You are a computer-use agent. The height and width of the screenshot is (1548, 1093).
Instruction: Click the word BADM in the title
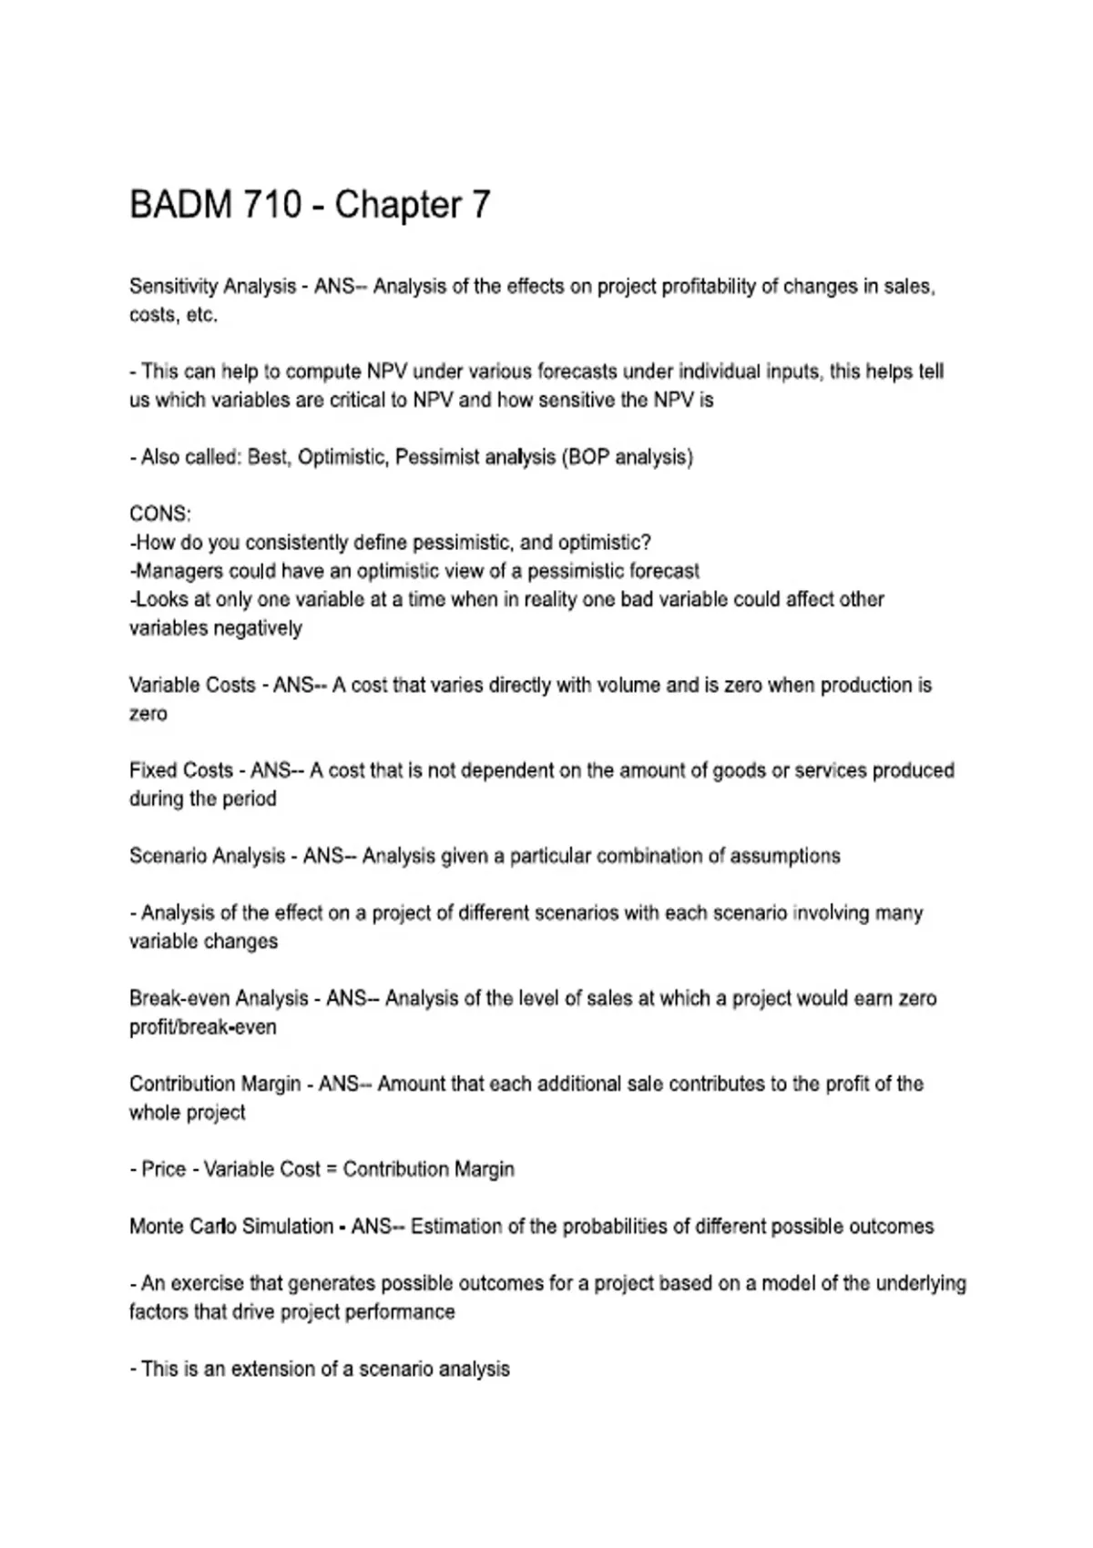pyautogui.click(x=181, y=205)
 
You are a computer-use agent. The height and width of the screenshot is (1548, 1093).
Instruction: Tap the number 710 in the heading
pyautogui.click(x=271, y=205)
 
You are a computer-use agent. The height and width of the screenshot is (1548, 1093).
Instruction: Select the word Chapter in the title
pyautogui.click(x=399, y=206)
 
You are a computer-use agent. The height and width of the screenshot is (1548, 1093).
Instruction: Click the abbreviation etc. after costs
pyautogui.click(x=202, y=315)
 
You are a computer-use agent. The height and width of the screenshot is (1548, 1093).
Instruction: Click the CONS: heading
pyautogui.click(x=160, y=514)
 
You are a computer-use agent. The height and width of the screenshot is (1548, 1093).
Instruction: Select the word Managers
pyautogui.click(x=179, y=571)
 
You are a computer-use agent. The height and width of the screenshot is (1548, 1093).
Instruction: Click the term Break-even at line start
pyautogui.click(x=179, y=998)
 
